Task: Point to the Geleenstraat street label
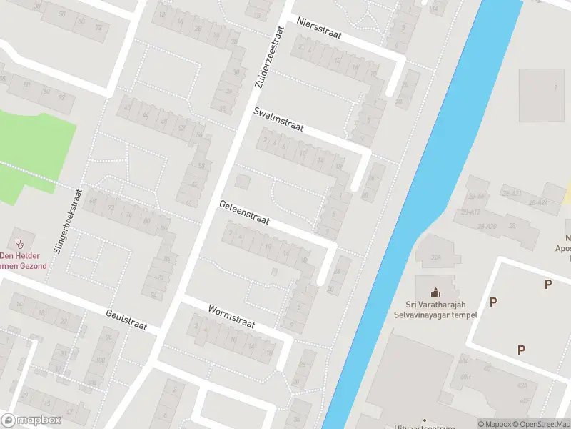(244, 212)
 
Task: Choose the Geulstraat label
(126, 319)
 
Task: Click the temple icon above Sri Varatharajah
(435, 292)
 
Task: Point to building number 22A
(438, 257)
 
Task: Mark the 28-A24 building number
(537, 202)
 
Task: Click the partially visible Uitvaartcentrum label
(423, 425)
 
